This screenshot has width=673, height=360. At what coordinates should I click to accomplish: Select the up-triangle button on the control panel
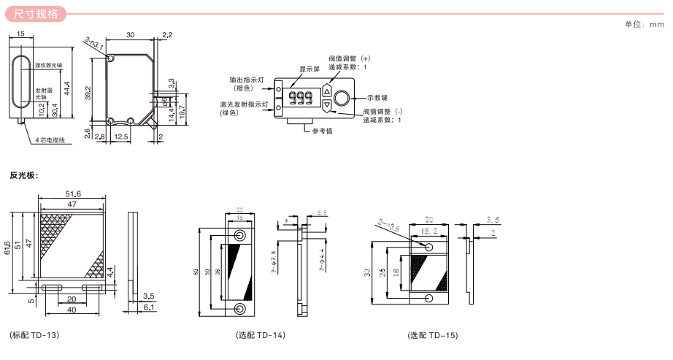click(326, 93)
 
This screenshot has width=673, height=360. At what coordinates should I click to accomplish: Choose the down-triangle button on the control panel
click(326, 105)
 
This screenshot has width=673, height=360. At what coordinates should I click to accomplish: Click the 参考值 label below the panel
click(322, 131)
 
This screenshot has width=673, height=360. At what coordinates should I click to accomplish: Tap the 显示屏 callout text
click(310, 69)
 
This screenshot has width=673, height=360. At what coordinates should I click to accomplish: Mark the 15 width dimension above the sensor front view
click(20, 34)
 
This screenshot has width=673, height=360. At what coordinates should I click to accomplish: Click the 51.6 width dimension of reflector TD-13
click(73, 194)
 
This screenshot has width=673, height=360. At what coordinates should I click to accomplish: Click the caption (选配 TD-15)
click(433, 336)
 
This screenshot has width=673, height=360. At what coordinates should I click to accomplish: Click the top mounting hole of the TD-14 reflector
click(239, 236)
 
